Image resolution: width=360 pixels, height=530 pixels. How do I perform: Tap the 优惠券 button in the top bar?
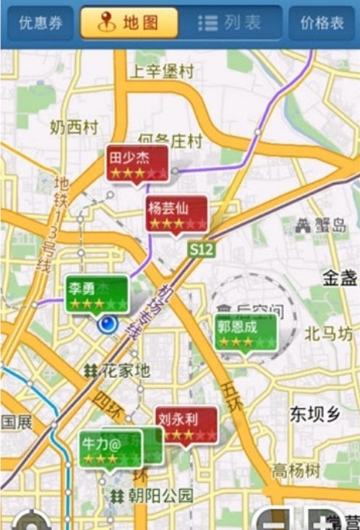point(41,23)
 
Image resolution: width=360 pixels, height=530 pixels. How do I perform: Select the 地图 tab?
point(128,23)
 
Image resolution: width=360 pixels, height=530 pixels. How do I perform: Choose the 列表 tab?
point(230,23)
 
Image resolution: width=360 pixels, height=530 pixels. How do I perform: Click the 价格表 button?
point(322,23)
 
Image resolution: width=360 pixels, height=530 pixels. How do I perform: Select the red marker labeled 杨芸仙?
point(177,213)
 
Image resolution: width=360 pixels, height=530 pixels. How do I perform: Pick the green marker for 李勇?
point(96,293)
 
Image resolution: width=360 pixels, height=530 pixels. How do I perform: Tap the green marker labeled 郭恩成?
point(246,331)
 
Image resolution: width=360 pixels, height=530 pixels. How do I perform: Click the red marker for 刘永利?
point(186,424)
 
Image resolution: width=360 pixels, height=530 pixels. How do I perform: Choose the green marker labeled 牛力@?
point(110,449)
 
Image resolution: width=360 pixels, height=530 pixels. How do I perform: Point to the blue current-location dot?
point(108,324)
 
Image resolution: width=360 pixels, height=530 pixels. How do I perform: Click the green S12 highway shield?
point(201,250)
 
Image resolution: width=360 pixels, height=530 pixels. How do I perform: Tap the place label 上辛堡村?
point(161,72)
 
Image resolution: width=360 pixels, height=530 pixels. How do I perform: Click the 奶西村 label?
point(74,126)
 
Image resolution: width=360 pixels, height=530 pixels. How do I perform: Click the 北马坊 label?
point(328,334)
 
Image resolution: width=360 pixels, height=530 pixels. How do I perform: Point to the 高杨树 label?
point(296,470)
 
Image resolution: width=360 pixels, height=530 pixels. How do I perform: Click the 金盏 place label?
point(340,278)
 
